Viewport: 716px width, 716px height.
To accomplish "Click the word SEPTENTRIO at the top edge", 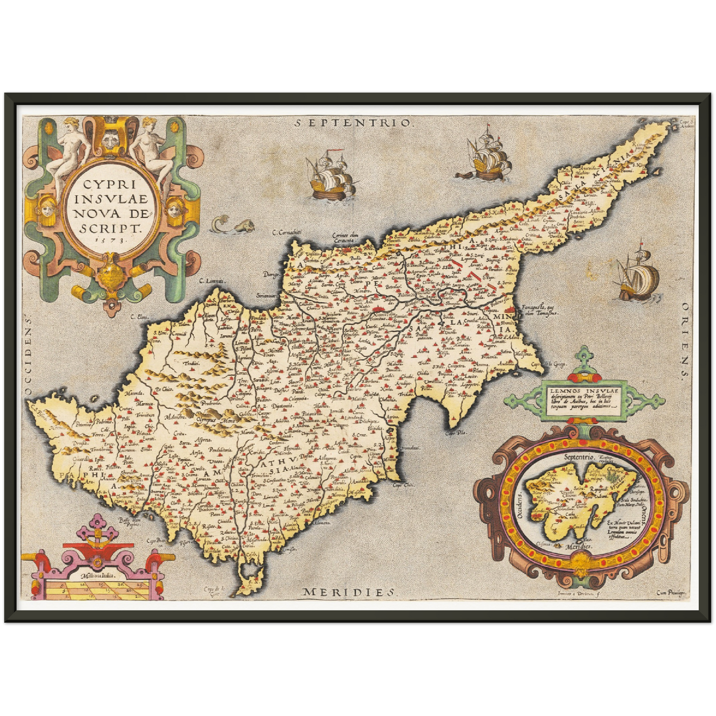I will pos(353,123).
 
